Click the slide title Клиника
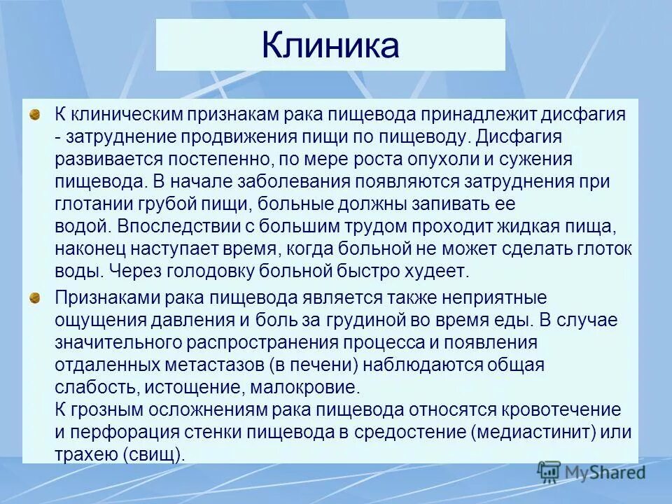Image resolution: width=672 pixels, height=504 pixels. (330, 45)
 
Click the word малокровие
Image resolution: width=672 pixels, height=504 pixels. (302, 387)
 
